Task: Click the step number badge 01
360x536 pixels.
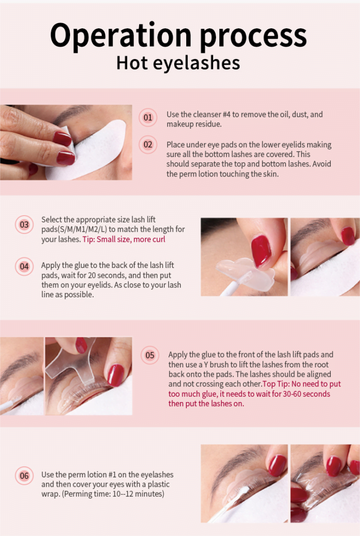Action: click(x=148, y=117)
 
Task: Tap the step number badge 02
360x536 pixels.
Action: click(x=148, y=144)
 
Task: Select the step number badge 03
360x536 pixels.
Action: click(x=24, y=225)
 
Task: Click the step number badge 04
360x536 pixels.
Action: click(x=24, y=266)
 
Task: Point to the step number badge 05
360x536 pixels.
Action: click(x=150, y=355)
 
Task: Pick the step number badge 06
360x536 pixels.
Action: click(x=24, y=476)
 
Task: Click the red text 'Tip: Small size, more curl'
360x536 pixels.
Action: click(x=124, y=239)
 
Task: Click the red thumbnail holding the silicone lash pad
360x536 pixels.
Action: click(x=261, y=250)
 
